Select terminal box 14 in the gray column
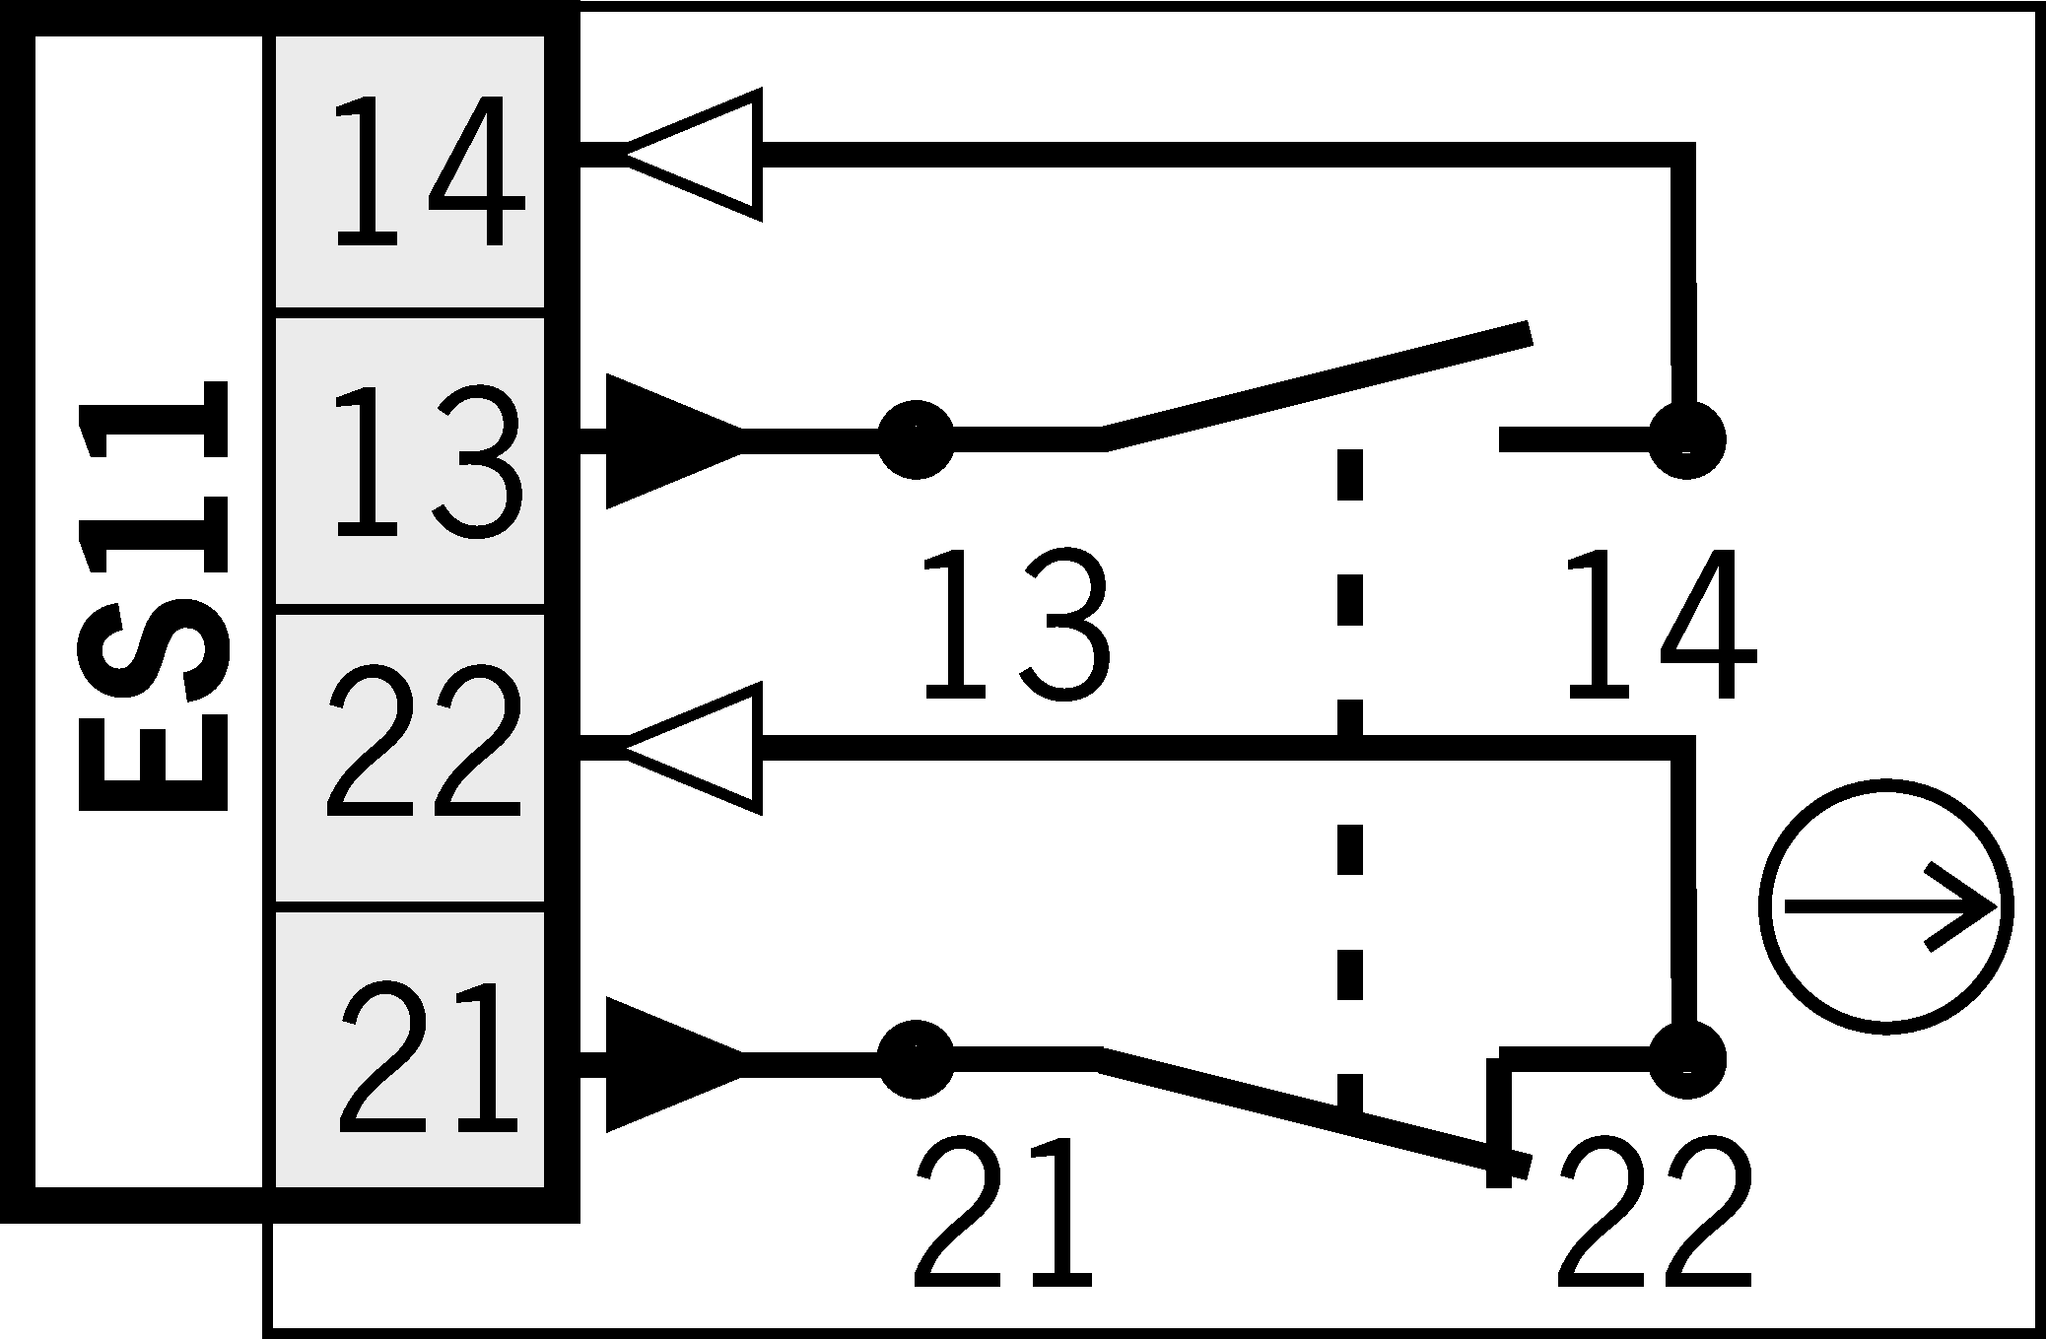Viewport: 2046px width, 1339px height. click(410, 169)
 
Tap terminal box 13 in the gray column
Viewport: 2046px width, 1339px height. click(410, 460)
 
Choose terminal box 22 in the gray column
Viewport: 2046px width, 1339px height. click(410, 759)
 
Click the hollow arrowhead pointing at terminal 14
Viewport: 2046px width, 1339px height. click(695, 154)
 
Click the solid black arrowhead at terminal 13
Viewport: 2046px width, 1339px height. click(670, 440)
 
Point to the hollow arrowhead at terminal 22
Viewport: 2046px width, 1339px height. click(695, 748)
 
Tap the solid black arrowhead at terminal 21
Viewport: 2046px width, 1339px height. click(670, 1064)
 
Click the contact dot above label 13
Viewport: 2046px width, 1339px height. click(916, 439)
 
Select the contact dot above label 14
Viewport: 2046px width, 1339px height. click(1686, 439)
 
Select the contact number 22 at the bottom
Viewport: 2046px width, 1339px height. click(1654, 1214)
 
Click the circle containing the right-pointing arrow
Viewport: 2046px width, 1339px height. click(1885, 906)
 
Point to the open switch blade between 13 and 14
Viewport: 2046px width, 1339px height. click(1316, 387)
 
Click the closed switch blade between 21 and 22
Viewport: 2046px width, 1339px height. click(1311, 1111)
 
